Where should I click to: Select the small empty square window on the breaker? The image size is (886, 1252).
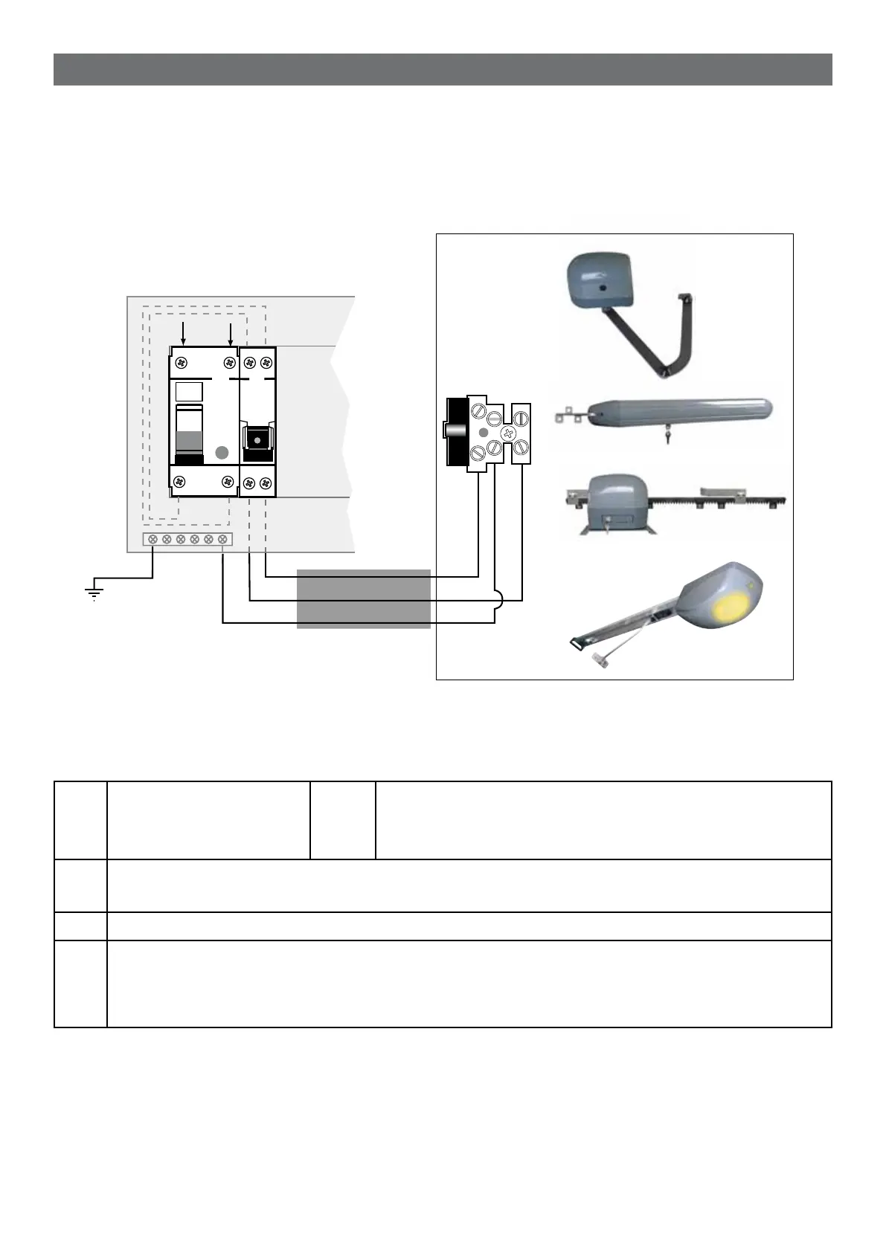189,392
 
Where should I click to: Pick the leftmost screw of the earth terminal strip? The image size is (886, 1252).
153,539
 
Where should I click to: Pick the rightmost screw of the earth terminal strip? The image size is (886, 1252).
222,539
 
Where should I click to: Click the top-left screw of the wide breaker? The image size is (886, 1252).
182,362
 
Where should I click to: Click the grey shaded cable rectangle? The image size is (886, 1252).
363,598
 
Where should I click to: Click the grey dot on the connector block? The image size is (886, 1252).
483,432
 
